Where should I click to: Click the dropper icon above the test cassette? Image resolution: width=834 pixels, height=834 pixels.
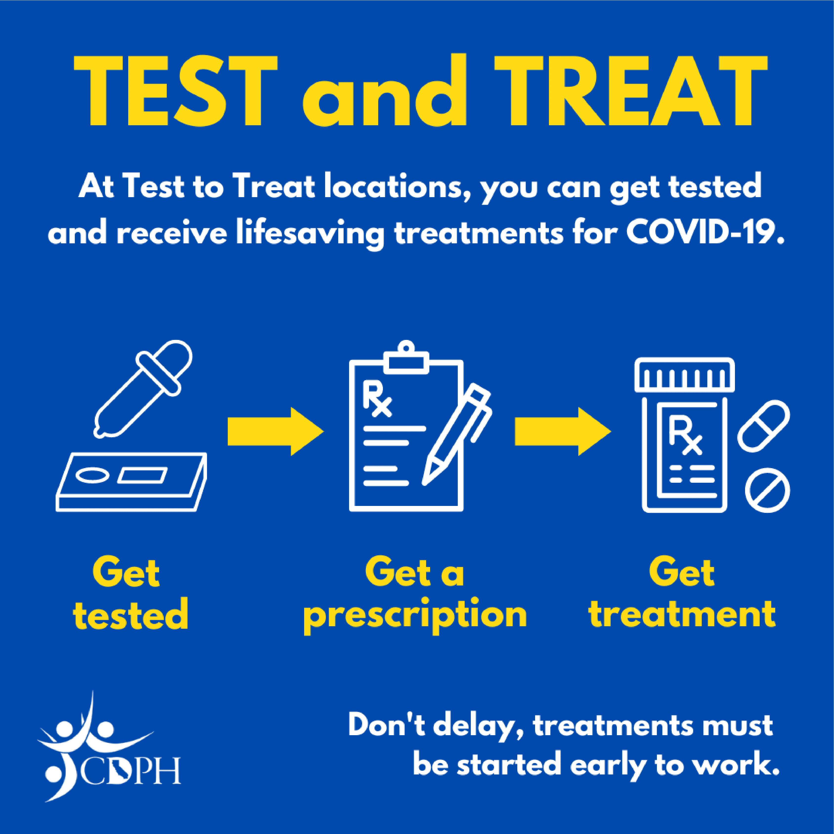(x=143, y=389)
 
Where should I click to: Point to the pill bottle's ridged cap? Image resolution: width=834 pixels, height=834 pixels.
(x=685, y=375)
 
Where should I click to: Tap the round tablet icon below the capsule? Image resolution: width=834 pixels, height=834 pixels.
(x=768, y=490)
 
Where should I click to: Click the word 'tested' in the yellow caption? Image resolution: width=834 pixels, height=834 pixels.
(x=131, y=614)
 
